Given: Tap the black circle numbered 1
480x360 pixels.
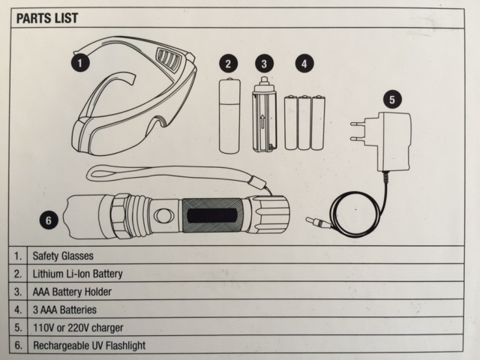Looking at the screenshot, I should (x=79, y=57).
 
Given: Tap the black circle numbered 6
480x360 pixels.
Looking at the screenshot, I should (x=49, y=220).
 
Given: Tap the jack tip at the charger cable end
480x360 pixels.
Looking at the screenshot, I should (x=316, y=222).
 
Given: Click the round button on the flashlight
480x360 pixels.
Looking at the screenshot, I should (x=162, y=216).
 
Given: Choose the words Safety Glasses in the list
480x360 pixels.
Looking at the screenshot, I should (x=63, y=255).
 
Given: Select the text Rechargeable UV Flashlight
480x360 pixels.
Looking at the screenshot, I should (x=88, y=346).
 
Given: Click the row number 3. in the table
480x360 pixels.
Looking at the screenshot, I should (x=19, y=291).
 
